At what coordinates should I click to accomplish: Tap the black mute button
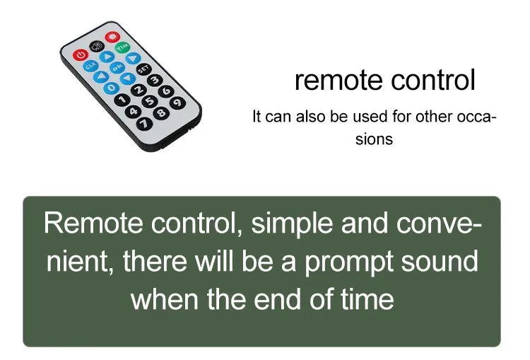(97, 47)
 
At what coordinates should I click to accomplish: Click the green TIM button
(122, 47)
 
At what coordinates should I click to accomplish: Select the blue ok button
(117, 68)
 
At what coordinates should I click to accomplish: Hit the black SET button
(143, 69)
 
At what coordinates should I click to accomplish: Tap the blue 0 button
(111, 88)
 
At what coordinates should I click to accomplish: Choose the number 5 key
(150, 102)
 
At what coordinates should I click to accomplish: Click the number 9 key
(177, 103)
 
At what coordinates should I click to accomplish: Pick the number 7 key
(144, 124)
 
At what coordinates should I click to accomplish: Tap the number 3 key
(155, 80)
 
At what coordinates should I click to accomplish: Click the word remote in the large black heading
(339, 81)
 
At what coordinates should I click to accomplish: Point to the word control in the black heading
(433, 80)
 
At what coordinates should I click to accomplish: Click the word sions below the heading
(374, 139)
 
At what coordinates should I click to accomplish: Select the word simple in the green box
(292, 224)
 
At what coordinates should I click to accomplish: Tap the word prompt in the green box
(350, 262)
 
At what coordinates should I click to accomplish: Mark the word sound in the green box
(440, 261)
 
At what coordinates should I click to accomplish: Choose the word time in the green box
(367, 299)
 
